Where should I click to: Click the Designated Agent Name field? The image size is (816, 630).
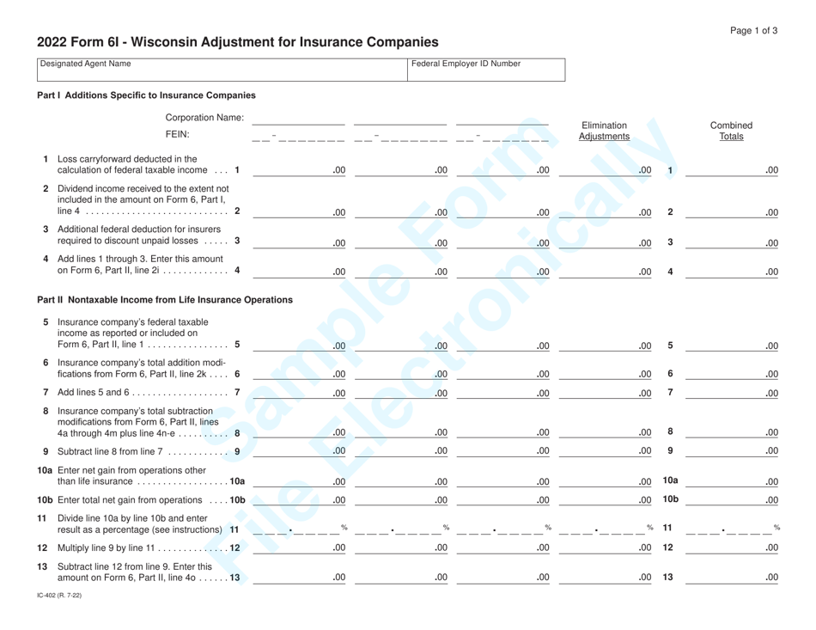[x=219, y=70]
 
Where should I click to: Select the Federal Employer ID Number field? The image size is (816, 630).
[x=485, y=70]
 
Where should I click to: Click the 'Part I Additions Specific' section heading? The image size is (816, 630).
[x=146, y=95]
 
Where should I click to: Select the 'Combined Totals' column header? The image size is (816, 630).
[x=732, y=131]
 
